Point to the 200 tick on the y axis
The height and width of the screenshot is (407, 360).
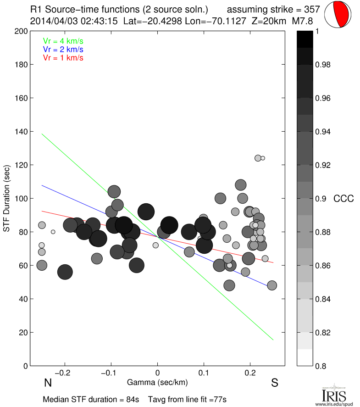21,31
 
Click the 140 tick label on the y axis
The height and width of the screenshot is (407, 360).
21,132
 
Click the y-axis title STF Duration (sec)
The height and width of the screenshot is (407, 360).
7,198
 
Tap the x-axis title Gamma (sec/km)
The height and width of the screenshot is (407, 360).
157,382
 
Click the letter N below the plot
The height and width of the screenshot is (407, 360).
47,383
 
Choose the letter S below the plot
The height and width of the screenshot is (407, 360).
275,383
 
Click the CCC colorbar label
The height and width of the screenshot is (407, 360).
343,199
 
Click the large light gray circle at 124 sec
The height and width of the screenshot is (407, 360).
258,158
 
